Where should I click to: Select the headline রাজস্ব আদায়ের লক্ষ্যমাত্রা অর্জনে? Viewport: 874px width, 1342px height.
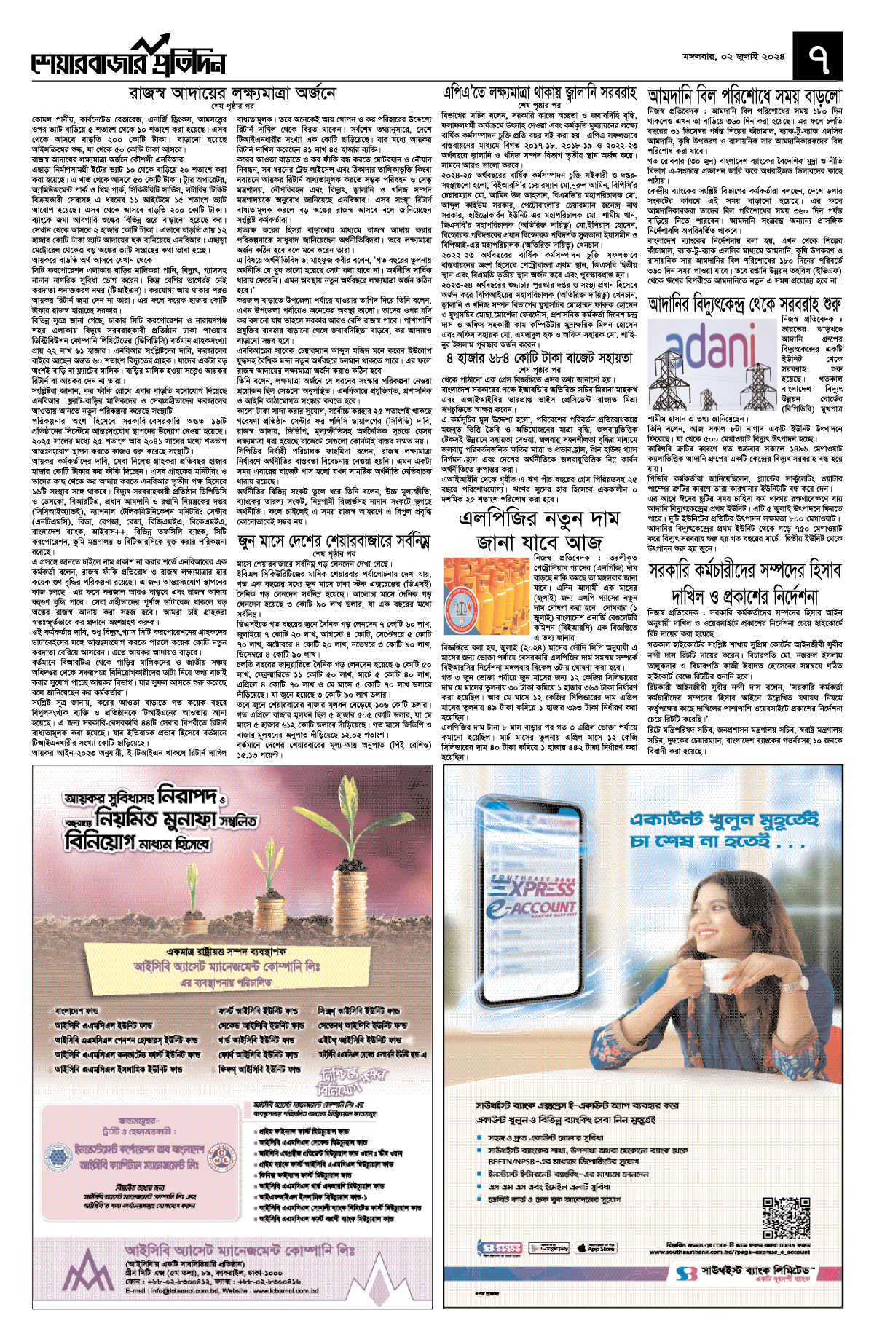(x=232, y=94)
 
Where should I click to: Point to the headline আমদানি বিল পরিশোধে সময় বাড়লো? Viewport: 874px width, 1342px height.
(x=744, y=95)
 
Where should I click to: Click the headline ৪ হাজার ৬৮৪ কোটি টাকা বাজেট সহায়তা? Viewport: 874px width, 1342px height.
(x=540, y=358)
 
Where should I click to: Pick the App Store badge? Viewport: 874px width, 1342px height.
(x=596, y=1247)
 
